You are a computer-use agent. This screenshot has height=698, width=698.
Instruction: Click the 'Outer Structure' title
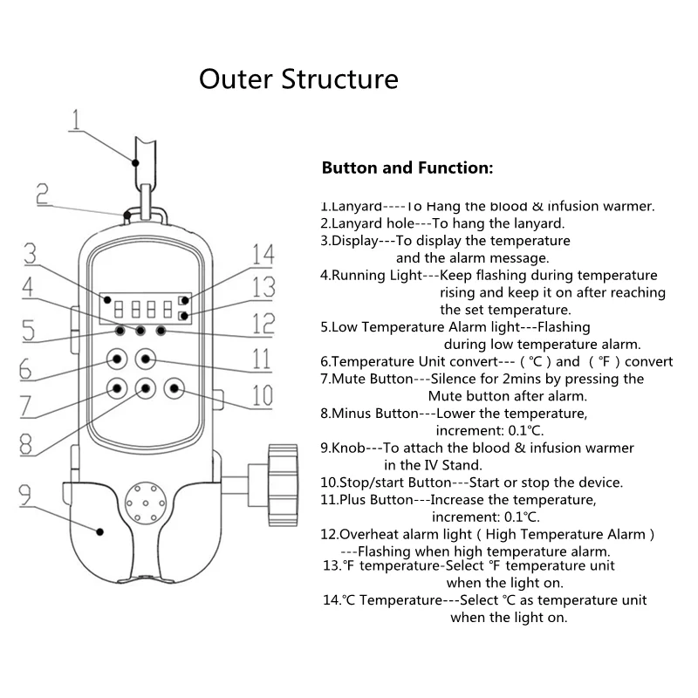coord(298,79)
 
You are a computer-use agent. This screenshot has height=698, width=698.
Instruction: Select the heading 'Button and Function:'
coord(407,168)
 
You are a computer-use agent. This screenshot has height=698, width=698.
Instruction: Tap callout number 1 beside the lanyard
coord(76,120)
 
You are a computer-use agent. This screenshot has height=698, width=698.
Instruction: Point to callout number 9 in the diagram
coord(24,495)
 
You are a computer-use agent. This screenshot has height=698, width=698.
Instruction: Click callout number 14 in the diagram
coord(263,255)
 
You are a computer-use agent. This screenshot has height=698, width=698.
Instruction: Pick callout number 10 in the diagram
coord(263,395)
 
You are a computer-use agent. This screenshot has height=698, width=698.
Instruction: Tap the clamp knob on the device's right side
coord(283,485)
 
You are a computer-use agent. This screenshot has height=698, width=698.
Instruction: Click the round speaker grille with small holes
coord(146,503)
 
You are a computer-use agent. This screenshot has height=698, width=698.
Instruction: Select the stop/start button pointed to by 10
coord(174,388)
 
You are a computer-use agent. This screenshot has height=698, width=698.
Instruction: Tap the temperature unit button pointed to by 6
coord(117,359)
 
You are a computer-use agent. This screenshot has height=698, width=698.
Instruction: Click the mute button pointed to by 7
coord(117,388)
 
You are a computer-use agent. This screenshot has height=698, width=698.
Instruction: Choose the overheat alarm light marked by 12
coord(161,331)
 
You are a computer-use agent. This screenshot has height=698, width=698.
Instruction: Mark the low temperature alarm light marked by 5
coord(120,331)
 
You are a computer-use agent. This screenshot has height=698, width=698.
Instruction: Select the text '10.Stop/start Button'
coord(386,482)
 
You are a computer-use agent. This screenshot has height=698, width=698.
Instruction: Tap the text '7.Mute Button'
coord(366,379)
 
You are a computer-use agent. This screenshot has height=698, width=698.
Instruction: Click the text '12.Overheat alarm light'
coord(396,534)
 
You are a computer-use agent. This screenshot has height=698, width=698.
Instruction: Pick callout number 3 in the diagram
coord(30,254)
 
